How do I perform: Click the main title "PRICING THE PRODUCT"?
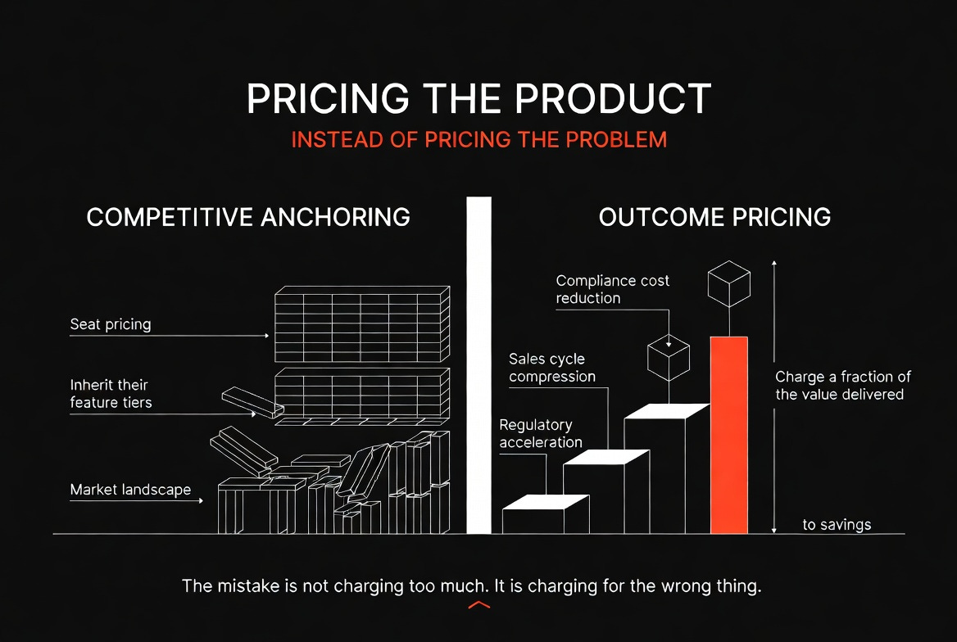(x=479, y=98)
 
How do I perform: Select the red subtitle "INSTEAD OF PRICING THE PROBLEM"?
(x=479, y=140)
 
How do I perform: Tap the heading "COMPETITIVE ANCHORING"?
(x=248, y=217)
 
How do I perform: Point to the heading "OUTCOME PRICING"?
(x=714, y=217)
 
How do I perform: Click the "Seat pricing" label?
(x=111, y=324)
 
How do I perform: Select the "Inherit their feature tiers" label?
(x=111, y=394)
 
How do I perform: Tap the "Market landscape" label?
(x=130, y=490)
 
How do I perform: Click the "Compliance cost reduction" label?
(x=612, y=289)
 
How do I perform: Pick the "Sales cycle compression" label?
(x=551, y=368)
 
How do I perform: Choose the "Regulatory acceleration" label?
(x=541, y=433)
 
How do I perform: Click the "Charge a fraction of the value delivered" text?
(x=843, y=385)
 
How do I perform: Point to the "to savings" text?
(x=837, y=525)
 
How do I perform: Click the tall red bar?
(x=729, y=435)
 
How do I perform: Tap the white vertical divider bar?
(x=479, y=365)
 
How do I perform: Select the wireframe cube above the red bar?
(x=729, y=284)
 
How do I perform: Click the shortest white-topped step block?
(x=546, y=513)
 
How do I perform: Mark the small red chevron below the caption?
(x=479, y=605)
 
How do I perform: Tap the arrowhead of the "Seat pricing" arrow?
(x=267, y=336)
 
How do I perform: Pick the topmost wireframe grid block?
(x=362, y=324)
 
